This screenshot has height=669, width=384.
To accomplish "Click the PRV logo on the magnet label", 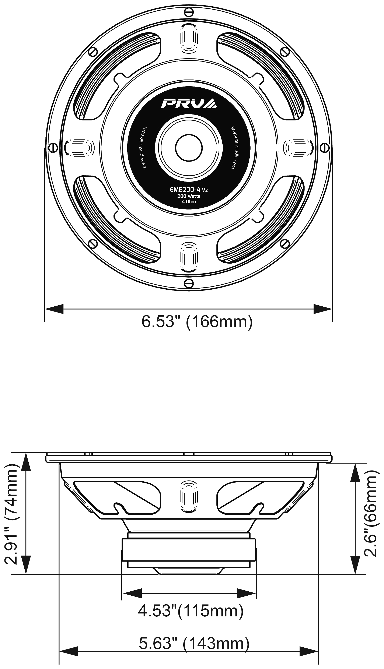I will (x=189, y=103).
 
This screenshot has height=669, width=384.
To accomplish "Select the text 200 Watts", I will (x=189, y=196).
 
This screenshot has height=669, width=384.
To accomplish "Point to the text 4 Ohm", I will (x=189, y=202).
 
